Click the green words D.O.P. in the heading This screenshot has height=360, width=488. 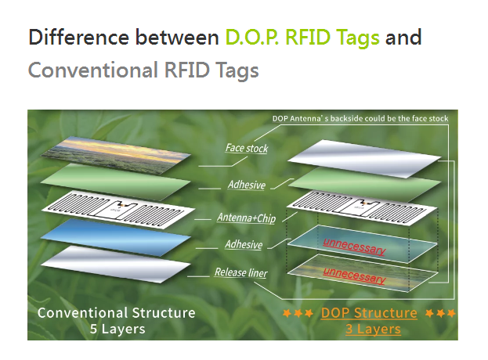(x=251, y=38)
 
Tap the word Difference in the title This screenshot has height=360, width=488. (x=79, y=38)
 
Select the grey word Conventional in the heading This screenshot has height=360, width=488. (x=93, y=70)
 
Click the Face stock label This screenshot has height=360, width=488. (x=247, y=148)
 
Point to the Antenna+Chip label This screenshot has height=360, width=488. (x=247, y=218)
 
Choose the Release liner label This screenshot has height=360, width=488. (x=241, y=272)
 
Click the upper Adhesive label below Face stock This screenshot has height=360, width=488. (x=247, y=185)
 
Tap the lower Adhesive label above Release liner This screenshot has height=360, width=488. (x=244, y=244)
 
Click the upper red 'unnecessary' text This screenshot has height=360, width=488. (x=355, y=246)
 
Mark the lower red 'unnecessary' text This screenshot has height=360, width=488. (x=355, y=275)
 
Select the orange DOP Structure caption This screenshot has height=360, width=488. (x=369, y=313)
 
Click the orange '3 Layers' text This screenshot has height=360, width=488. (x=373, y=329)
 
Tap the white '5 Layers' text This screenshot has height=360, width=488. (x=117, y=329)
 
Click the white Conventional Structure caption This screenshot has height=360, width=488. (x=117, y=313)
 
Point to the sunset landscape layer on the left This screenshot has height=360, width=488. (x=116, y=154)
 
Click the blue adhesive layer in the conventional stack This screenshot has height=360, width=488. (x=116, y=237)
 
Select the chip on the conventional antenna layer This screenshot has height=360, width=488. (x=122, y=206)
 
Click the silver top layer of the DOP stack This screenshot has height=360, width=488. (x=364, y=159)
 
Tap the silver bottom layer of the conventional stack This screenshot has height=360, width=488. (x=116, y=265)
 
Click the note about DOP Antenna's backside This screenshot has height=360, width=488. (x=360, y=118)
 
